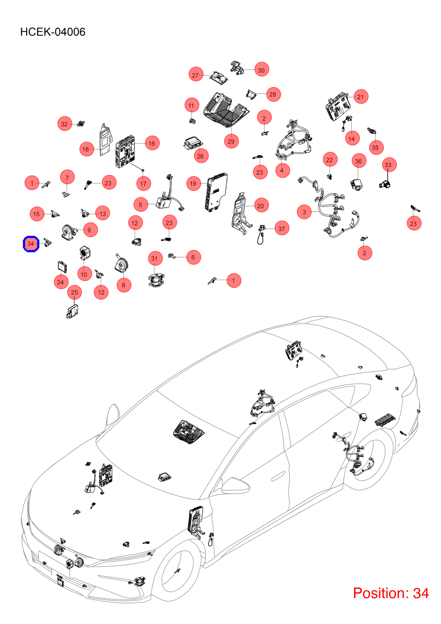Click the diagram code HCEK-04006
pos(53,32)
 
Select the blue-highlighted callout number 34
pos(31,244)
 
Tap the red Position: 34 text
pos(391,593)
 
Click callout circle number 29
pos(231,141)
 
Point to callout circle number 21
pos(361,97)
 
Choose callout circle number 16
pos(152,144)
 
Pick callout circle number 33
pos(388,165)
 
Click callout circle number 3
pos(304,212)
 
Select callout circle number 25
pos(74,292)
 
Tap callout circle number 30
pos(261,70)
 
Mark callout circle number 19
pos(193,184)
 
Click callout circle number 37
pos(282,229)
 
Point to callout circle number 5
pos(141,205)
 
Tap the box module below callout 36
pos(357,184)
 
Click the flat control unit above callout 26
pos(193,143)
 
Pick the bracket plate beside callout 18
pos(105,139)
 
